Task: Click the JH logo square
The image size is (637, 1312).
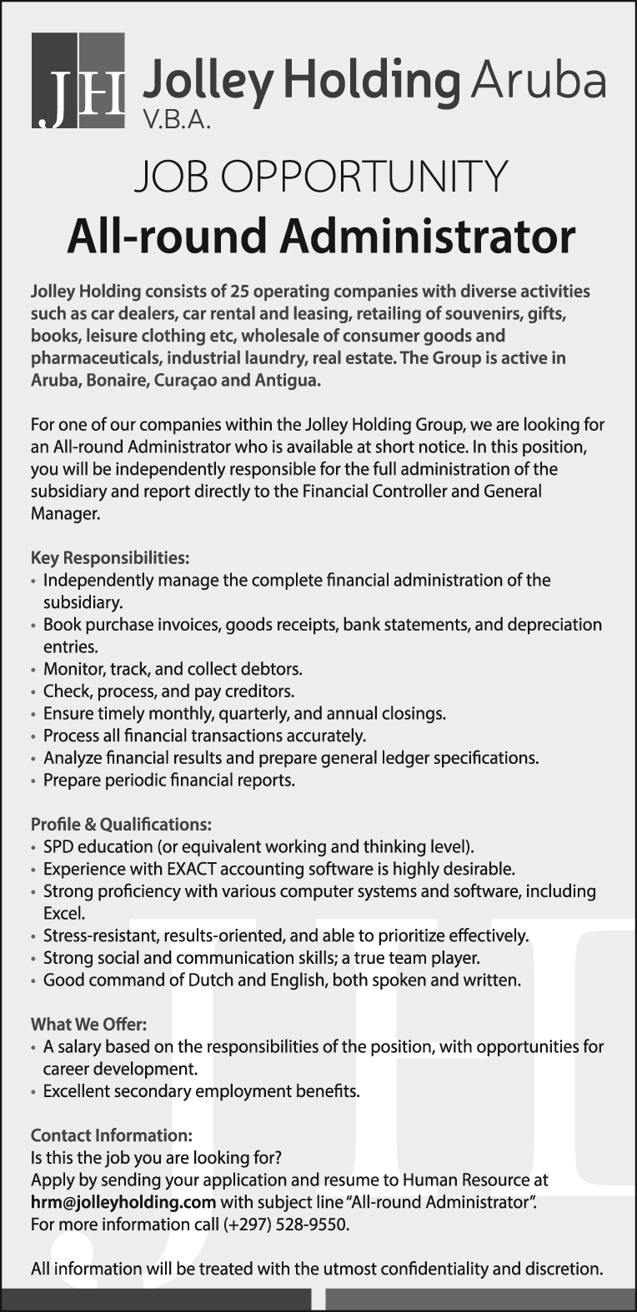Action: [x=78, y=81]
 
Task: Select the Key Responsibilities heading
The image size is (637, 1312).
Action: [x=110, y=556]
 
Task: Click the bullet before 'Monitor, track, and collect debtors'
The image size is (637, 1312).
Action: [x=34, y=670]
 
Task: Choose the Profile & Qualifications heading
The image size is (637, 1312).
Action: [x=121, y=825]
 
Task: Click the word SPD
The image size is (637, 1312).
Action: [x=59, y=847]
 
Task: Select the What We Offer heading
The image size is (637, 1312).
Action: [x=88, y=1025]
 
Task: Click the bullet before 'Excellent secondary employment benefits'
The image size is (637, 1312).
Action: [x=34, y=1092]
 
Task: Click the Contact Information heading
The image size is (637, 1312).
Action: [x=111, y=1135]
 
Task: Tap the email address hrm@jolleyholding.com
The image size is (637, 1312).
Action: [x=123, y=1202]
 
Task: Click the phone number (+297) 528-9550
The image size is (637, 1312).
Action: [x=285, y=1225]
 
